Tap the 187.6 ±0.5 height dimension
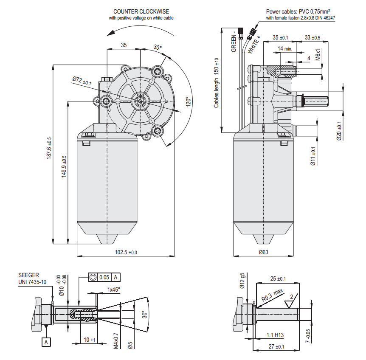49,148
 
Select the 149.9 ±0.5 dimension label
64,166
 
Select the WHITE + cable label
254,44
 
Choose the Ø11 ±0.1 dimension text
313,156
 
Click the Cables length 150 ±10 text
217,82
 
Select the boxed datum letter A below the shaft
46,341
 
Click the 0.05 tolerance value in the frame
104,277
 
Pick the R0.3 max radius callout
272,295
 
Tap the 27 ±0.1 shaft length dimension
276,347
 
